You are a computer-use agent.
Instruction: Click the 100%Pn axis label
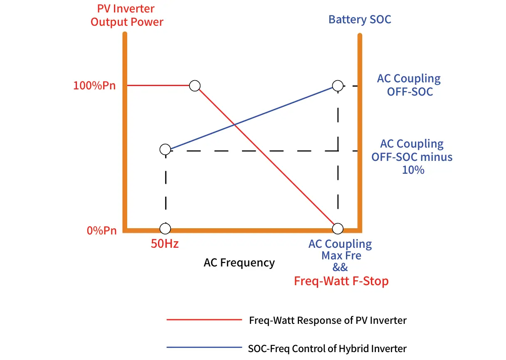click(94, 86)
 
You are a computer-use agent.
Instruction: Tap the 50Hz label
click(165, 244)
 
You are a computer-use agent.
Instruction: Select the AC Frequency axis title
click(239, 263)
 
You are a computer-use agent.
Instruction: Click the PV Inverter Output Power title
click(127, 15)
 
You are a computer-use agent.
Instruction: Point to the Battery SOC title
click(360, 20)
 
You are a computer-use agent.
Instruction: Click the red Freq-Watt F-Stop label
click(341, 281)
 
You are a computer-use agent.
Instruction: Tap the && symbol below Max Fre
click(341, 267)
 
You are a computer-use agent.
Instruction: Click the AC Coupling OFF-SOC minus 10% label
click(412, 157)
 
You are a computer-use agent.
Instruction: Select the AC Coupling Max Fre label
click(341, 249)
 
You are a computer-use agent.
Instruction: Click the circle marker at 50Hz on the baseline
click(165, 229)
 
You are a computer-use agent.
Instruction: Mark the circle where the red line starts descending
click(195, 86)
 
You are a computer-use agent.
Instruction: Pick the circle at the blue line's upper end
click(338, 86)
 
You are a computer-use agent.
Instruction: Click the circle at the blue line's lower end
click(165, 150)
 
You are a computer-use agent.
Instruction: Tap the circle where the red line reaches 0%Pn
click(338, 229)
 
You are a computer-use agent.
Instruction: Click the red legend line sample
click(204, 320)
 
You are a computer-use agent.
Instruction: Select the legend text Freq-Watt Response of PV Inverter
click(328, 320)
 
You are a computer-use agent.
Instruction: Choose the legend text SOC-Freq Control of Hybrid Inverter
click(327, 348)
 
